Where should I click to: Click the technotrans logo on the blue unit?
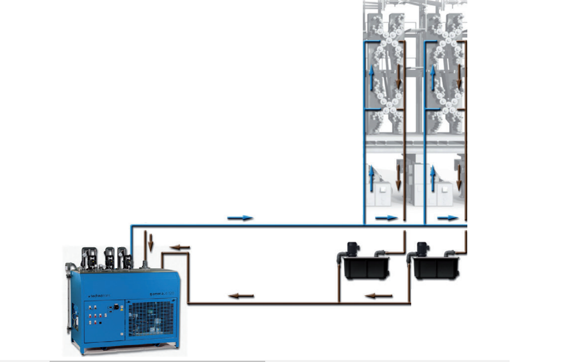pos(99,296)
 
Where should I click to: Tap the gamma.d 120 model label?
pos(162,293)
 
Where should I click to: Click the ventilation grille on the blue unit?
pos(151,319)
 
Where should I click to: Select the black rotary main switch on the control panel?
pos(116,307)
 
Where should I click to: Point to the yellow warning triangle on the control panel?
pos(122,310)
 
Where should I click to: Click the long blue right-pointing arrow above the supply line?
pos(240,218)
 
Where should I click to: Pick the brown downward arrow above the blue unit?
pos(151,241)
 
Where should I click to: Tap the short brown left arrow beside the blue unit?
pos(180,247)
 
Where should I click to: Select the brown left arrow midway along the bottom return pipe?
pos(241,296)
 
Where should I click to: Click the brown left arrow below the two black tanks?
pos(379,296)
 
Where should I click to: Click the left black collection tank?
pos(366,268)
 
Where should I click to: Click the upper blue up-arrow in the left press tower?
pos(371,78)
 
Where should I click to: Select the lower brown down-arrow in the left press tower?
pos(398,177)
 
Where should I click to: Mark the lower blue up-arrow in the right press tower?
pos(433,179)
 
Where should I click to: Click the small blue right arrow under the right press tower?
pos(448,218)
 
